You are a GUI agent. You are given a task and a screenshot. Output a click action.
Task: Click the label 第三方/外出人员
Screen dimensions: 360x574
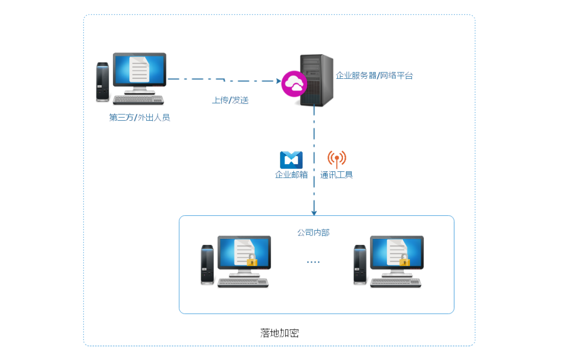pyautogui.click(x=139, y=117)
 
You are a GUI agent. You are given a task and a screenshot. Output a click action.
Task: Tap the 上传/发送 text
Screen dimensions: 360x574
pyautogui.click(x=230, y=100)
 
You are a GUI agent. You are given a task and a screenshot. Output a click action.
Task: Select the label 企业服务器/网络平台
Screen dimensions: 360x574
pyautogui.click(x=374, y=75)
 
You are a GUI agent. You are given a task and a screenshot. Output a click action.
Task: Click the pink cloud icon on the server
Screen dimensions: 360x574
pyautogui.click(x=294, y=84)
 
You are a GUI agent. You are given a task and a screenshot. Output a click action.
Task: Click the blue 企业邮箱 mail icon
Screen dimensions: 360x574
pyautogui.click(x=291, y=160)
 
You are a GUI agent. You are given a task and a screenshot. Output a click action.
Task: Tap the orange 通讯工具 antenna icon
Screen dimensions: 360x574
pyautogui.click(x=337, y=158)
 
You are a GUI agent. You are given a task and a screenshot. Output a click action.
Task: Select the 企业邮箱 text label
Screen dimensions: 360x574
pyautogui.click(x=291, y=175)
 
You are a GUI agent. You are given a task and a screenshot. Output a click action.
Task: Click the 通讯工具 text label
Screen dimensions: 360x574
pyautogui.click(x=337, y=175)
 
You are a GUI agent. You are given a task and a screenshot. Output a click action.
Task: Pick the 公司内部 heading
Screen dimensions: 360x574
pyautogui.click(x=314, y=233)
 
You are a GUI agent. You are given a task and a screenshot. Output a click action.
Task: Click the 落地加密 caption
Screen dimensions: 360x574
pyautogui.click(x=279, y=333)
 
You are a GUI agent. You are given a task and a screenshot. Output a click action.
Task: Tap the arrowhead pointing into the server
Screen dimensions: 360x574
pyautogui.click(x=278, y=81)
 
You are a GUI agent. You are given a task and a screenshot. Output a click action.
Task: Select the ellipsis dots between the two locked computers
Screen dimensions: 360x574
pyautogui.click(x=314, y=262)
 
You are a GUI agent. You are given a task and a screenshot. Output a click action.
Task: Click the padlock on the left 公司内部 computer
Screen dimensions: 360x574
pyautogui.click(x=251, y=261)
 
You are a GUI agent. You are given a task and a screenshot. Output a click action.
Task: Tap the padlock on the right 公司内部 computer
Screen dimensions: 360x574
pyautogui.click(x=404, y=261)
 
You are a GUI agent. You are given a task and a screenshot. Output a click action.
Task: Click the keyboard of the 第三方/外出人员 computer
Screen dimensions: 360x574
pyautogui.click(x=138, y=100)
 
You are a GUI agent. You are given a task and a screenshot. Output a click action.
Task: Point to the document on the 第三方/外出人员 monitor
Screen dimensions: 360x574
pyautogui.click(x=139, y=69)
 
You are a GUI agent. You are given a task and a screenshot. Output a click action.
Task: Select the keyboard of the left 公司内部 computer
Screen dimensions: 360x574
pyautogui.click(x=243, y=283)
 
